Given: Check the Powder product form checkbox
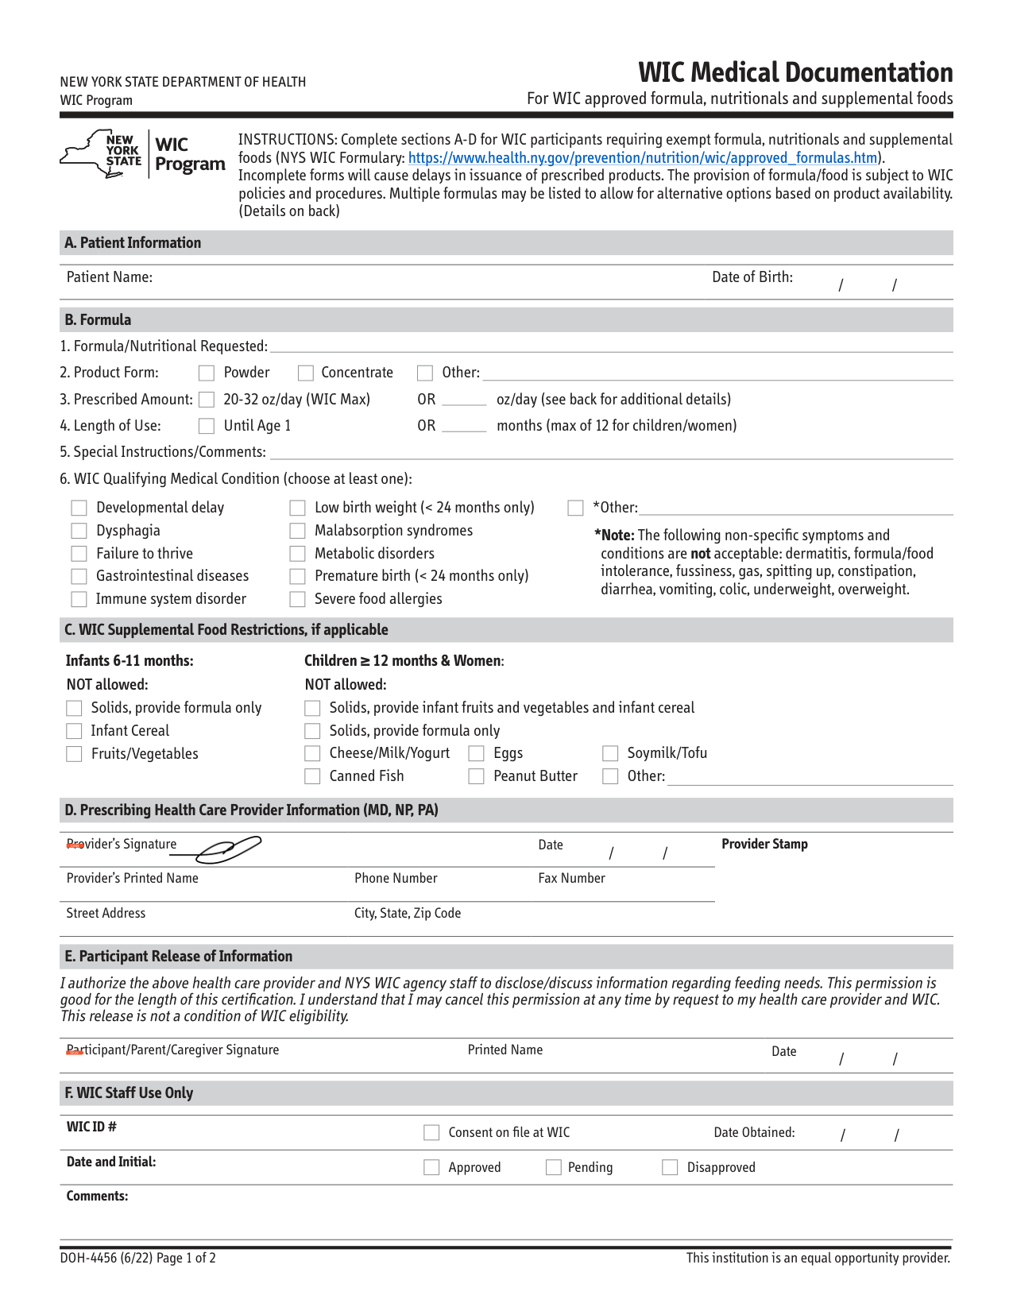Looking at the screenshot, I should pos(207,373).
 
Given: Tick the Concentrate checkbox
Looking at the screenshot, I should pos(305,373).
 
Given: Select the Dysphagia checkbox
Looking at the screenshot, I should pos(79,531).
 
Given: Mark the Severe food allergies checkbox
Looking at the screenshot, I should pos(298,599).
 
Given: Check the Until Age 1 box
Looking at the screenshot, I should pos(207,426).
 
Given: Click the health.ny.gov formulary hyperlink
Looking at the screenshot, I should pos(642,158).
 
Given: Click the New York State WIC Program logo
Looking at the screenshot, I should pos(143,154).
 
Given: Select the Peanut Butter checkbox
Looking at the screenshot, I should pos(477,776).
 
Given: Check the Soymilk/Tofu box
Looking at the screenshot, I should pos(610,753).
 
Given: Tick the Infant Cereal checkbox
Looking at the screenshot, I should pos(74,731).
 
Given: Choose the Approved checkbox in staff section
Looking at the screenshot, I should pos(431,1167).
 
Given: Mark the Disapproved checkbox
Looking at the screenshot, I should pos(670,1167).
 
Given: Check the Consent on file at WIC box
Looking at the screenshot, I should pos(431,1132).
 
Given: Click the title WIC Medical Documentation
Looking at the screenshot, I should pos(795,72).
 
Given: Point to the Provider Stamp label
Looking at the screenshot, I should pos(764,844).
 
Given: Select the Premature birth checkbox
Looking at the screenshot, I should pos(298,576).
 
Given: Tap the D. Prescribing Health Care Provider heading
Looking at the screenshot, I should pos(251,810).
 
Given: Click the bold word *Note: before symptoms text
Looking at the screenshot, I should pos(615,536).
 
